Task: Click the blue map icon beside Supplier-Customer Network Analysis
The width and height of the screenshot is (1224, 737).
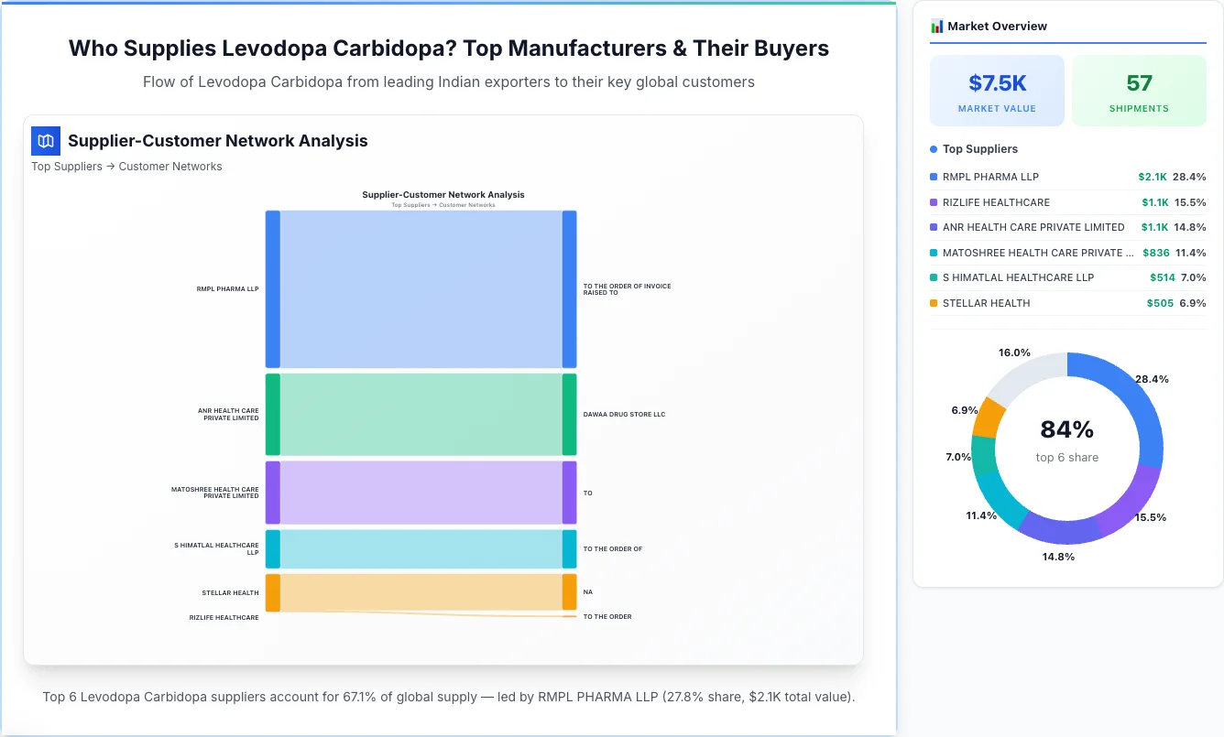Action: pos(46,141)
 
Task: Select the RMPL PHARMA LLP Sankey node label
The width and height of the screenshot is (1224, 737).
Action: pos(227,289)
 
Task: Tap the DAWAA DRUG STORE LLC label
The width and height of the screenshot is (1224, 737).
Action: pos(624,415)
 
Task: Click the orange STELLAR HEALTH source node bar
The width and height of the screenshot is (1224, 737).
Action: pos(273,592)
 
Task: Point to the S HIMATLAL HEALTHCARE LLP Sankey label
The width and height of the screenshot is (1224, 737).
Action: pos(217,549)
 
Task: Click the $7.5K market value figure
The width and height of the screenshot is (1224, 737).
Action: pos(997,83)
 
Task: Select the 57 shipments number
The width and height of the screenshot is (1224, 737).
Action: pos(1139,83)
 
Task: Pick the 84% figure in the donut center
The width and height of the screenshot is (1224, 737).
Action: pos(1066,429)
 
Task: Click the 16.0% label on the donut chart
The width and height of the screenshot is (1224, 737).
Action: pos(1014,352)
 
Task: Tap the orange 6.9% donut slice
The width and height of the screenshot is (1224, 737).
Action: pos(989,417)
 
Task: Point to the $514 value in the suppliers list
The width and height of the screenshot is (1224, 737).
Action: pos(1161,277)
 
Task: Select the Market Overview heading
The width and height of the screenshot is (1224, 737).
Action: pos(997,27)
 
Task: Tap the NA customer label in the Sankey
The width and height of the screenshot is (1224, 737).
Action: pos(588,592)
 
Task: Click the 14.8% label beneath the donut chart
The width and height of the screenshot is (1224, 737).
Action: pos(1058,557)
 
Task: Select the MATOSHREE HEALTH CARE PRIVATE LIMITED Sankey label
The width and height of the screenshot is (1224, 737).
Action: pos(215,493)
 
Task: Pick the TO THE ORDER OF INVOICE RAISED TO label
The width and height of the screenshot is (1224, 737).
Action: pos(627,289)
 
